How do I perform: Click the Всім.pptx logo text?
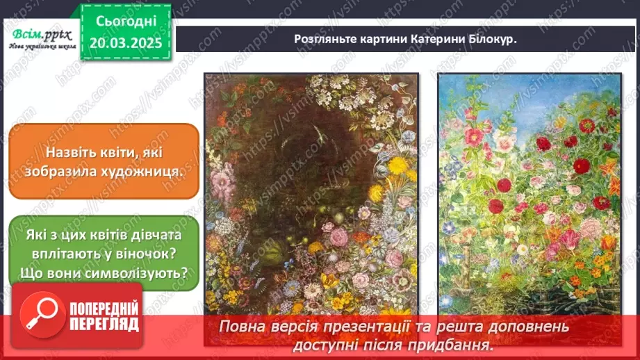(x=39, y=34)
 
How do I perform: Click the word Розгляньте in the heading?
(x=325, y=39)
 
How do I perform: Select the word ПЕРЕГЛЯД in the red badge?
(x=104, y=324)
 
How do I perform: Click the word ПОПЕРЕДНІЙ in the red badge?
(x=104, y=309)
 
